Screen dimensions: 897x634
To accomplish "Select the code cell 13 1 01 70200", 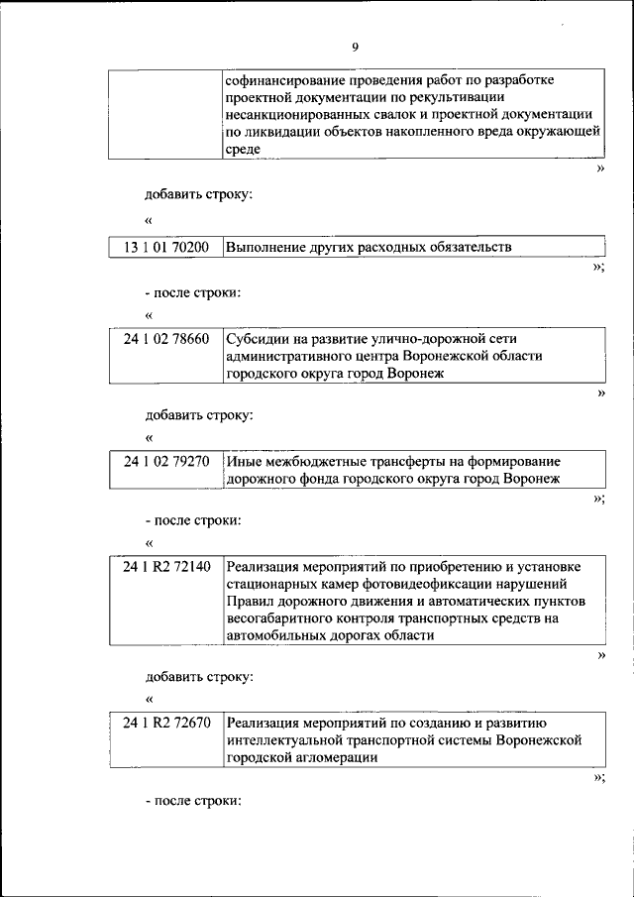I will pos(166,248).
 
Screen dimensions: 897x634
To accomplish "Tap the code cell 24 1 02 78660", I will pos(166,339).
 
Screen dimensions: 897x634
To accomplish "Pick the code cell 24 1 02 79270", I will pos(166,462).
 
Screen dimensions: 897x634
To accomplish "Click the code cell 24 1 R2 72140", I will pos(166,567).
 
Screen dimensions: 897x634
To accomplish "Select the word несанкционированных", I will pos(293,115).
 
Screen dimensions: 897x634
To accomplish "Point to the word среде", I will pos(244,150).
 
